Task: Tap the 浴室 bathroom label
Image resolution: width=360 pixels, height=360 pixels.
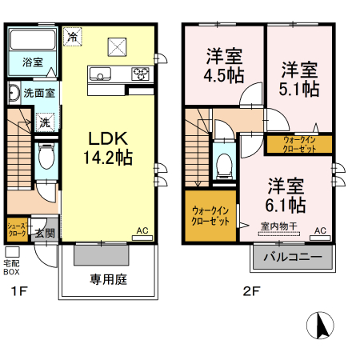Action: coord(32,62)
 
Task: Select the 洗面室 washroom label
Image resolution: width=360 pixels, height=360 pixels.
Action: coord(39,93)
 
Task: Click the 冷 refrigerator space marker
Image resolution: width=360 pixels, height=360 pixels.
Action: coord(73,37)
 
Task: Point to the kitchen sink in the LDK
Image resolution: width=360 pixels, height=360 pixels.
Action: coord(101,75)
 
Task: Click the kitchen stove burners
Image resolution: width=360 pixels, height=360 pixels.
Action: coord(140,75)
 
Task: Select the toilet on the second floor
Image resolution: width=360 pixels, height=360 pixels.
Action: coord(224,164)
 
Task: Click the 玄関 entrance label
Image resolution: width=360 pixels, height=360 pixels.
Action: coord(45,234)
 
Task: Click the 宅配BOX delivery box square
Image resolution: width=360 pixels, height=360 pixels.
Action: coord(12,252)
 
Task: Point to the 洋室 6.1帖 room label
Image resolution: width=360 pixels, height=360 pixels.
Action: coord(286,193)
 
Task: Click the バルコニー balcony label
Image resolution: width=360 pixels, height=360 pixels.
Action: coord(293,258)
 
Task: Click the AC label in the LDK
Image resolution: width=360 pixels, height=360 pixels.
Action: coord(142,231)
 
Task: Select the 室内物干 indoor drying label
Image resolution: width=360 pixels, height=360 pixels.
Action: coord(279,227)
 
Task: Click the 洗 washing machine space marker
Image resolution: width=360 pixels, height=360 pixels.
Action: coord(45,122)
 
